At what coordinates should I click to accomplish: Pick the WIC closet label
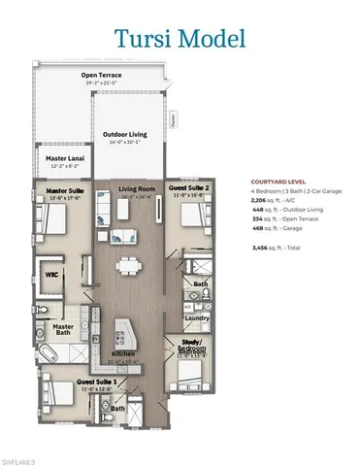[x=53, y=274]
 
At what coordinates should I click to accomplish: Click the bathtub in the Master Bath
[x=54, y=353]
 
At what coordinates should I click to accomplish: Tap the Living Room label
[x=136, y=189]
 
